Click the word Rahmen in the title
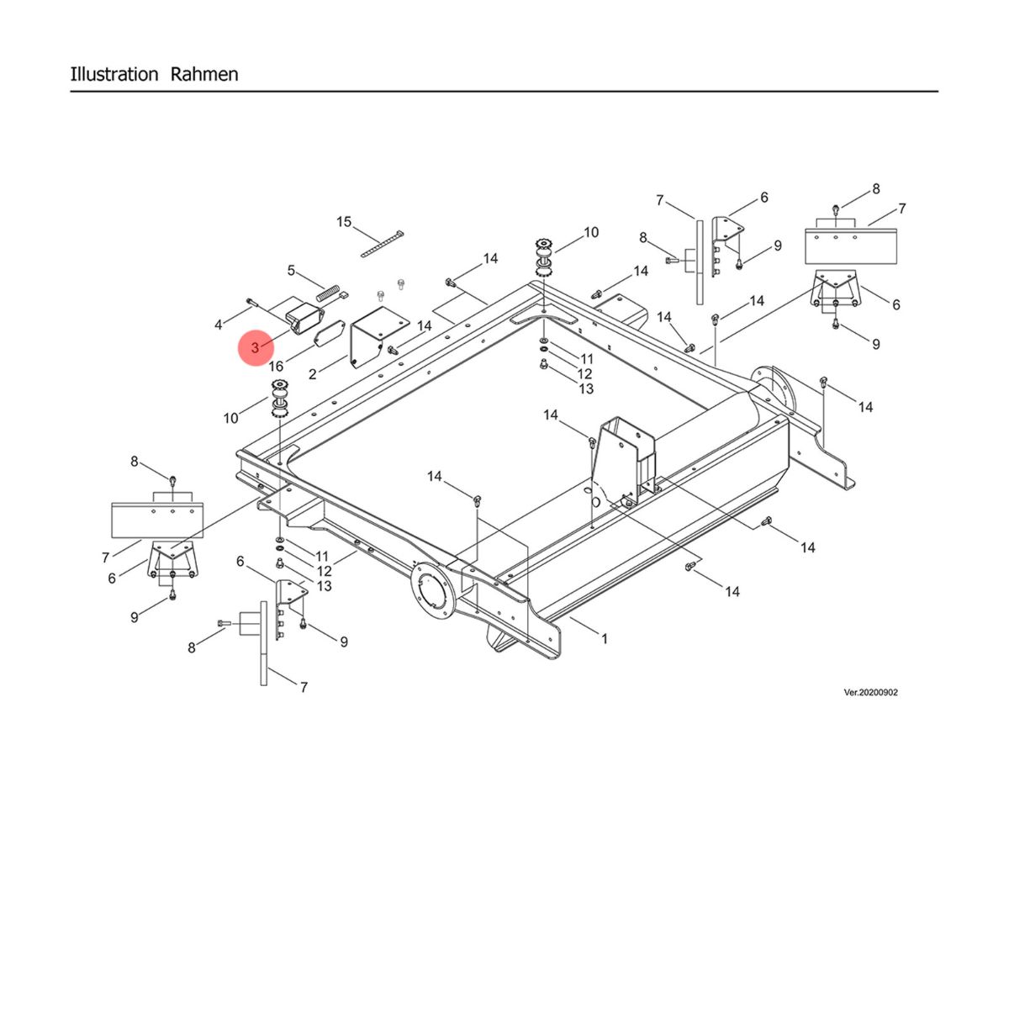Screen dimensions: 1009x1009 (x=204, y=74)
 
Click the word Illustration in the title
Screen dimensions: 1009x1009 (x=114, y=74)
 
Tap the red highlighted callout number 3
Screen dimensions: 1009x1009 (x=255, y=347)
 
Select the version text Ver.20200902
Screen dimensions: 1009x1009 (x=870, y=693)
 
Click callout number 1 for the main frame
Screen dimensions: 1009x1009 (x=604, y=639)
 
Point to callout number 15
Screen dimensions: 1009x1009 (x=344, y=222)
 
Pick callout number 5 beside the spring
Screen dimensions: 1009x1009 (x=292, y=271)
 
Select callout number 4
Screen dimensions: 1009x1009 (x=219, y=324)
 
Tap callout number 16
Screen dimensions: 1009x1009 (x=276, y=367)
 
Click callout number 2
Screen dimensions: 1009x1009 (x=313, y=374)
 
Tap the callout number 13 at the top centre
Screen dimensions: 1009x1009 (x=586, y=388)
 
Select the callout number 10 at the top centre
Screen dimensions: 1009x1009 (x=591, y=232)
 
